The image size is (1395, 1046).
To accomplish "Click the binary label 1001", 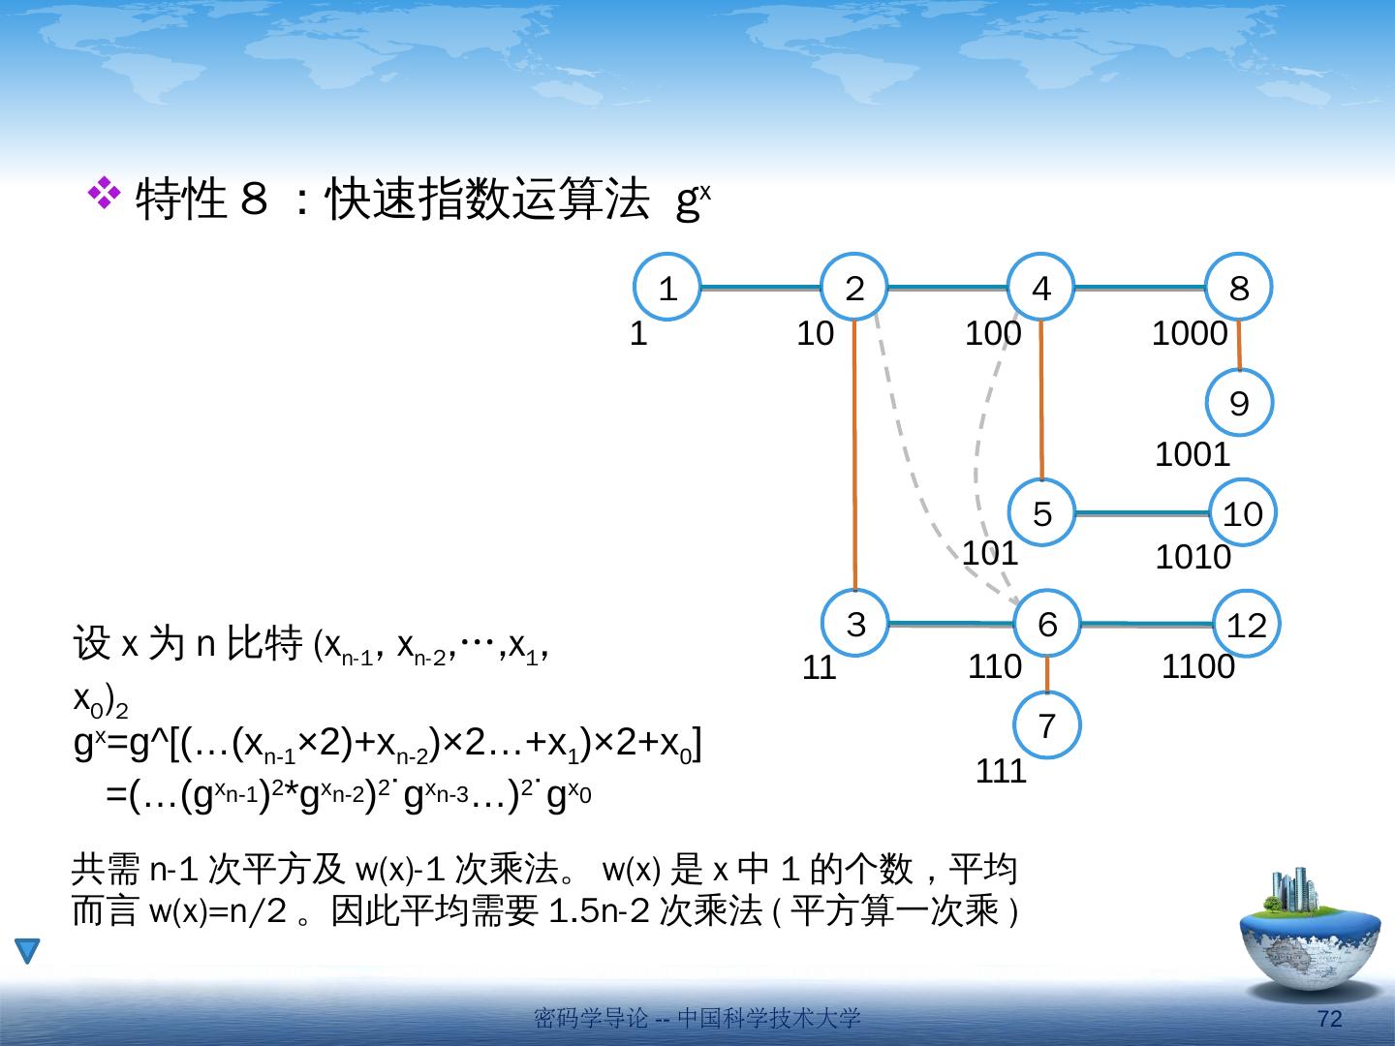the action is pos(1193,455).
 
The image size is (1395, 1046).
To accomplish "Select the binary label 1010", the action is pos(1193,557).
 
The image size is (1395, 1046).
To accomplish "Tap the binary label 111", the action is pos(1001,771).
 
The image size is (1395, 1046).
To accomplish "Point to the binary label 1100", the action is pos(1198,667).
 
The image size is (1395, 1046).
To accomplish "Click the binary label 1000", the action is pos(1190,333).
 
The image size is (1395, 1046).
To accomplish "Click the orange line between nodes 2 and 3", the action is pos(854,455).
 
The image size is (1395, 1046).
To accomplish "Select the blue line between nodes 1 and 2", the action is pos(760,288).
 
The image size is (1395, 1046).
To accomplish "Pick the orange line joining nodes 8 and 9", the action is pos(1239,345).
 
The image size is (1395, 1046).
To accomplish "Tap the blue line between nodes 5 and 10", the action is pos(1141,513).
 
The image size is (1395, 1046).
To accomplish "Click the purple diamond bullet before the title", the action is pos(105,193).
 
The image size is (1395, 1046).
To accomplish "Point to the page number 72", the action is pos(1329,1019).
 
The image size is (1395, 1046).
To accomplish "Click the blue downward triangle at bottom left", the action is pos(27,950).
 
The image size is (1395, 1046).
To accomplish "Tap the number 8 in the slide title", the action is pos(254,199).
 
